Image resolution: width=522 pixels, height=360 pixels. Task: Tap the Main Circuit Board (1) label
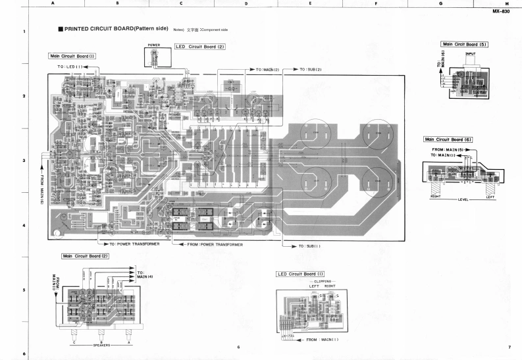[72, 57]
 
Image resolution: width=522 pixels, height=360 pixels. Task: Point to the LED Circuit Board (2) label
[200, 47]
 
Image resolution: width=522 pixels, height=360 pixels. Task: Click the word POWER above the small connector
[155, 45]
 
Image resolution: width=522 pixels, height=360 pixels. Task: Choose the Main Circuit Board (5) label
[465, 44]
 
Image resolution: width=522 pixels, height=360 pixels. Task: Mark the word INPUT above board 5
[470, 53]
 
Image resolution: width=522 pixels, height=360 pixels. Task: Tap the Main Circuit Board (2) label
[85, 255]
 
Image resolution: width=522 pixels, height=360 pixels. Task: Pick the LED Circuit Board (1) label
[301, 274]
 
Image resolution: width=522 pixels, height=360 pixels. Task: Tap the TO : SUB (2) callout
[310, 69]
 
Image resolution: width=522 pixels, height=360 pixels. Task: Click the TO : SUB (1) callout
[309, 246]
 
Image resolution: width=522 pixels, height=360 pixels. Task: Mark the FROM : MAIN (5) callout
[449, 149]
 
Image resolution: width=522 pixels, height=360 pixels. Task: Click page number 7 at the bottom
[509, 347]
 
